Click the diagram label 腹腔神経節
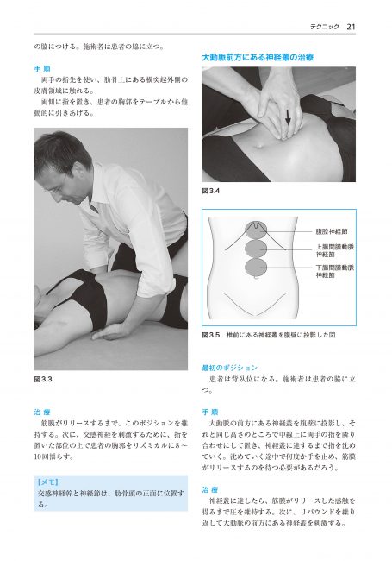331,233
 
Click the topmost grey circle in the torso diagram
257,233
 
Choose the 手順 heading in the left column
42,66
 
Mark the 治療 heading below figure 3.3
42,413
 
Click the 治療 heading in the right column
209,488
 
